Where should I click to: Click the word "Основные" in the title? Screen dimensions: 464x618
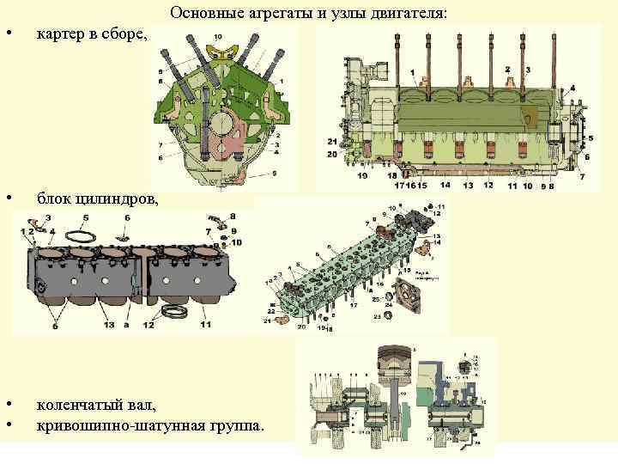[x=200, y=14]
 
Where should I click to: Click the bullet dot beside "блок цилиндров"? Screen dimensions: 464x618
[x=8, y=199]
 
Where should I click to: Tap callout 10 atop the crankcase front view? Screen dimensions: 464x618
[x=218, y=35]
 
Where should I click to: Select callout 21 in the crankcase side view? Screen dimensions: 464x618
[x=332, y=140]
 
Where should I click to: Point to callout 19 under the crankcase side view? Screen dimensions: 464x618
[x=363, y=175]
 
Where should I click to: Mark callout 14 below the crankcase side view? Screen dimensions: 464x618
[x=443, y=185]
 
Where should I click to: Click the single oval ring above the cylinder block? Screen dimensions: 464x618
[x=83, y=234]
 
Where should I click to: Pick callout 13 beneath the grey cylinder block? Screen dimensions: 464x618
[x=110, y=325]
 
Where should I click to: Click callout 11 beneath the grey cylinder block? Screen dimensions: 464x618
[x=205, y=325]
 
